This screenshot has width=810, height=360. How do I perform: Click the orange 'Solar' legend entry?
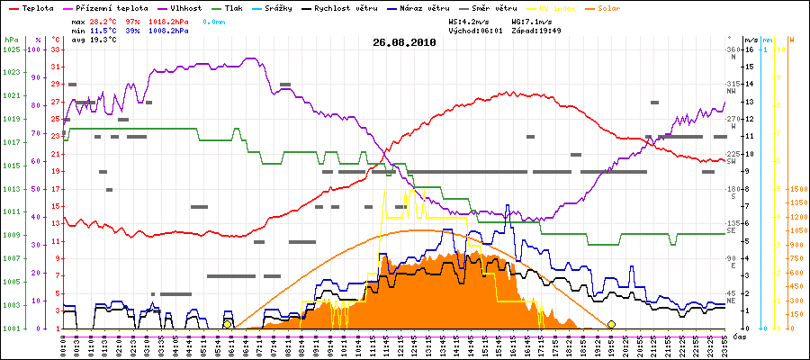pyautogui.click(x=622, y=7)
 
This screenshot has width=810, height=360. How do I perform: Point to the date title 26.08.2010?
pyautogui.click(x=404, y=42)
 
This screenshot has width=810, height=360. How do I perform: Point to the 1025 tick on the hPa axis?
pyautogui.click(x=11, y=49)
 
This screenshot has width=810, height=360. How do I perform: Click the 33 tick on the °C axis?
pyautogui.click(x=55, y=49)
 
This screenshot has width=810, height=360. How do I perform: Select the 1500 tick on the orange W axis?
pyautogui.click(x=796, y=189)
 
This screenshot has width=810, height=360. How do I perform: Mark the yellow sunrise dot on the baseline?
pyautogui.click(x=228, y=324)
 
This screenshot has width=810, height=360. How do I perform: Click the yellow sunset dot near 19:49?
pyautogui.click(x=611, y=324)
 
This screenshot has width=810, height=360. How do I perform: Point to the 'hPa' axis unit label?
pyautogui.click(x=11, y=40)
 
